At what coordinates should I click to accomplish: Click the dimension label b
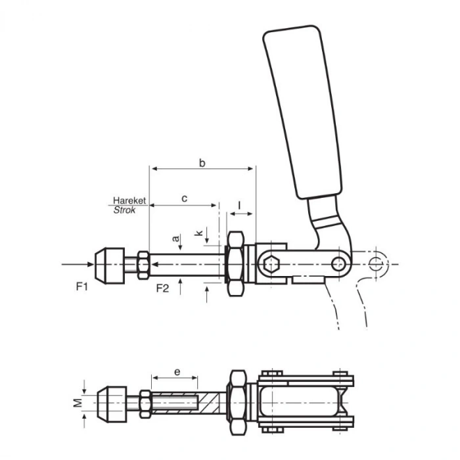tap(202, 163)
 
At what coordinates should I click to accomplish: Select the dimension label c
tap(184, 198)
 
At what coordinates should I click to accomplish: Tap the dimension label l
tap(240, 205)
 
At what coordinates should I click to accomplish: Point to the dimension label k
tap(199, 233)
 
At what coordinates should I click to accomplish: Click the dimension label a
tap(175, 239)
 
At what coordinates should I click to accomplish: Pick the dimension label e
tap(177, 372)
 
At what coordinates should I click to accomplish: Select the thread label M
tap(78, 403)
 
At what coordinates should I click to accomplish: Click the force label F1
tap(82, 287)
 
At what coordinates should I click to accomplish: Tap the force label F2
tap(162, 288)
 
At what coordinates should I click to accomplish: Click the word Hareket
tap(129, 200)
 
